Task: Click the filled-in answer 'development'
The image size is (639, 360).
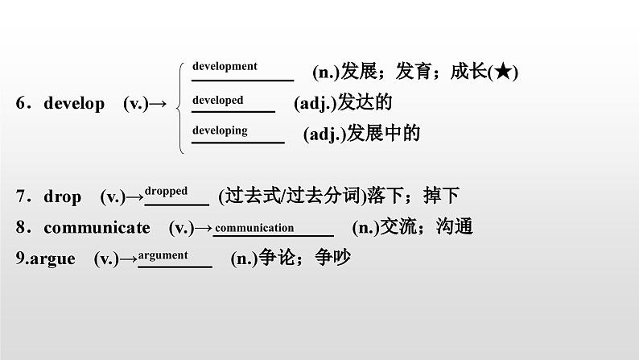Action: click(225, 67)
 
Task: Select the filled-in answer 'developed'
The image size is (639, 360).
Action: click(217, 101)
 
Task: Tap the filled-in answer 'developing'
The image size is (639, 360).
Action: click(220, 130)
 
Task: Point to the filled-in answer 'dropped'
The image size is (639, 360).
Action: click(167, 192)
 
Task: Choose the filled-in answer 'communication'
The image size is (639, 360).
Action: click(254, 228)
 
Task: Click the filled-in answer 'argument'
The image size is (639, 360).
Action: click(163, 255)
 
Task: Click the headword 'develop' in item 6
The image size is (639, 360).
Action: click(74, 104)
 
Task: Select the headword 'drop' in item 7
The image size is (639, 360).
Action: click(63, 197)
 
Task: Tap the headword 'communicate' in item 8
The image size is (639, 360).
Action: click(97, 228)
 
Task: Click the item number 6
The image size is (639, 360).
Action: click(20, 104)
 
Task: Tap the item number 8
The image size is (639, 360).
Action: click(20, 228)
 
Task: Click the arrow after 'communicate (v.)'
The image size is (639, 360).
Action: click(204, 228)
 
